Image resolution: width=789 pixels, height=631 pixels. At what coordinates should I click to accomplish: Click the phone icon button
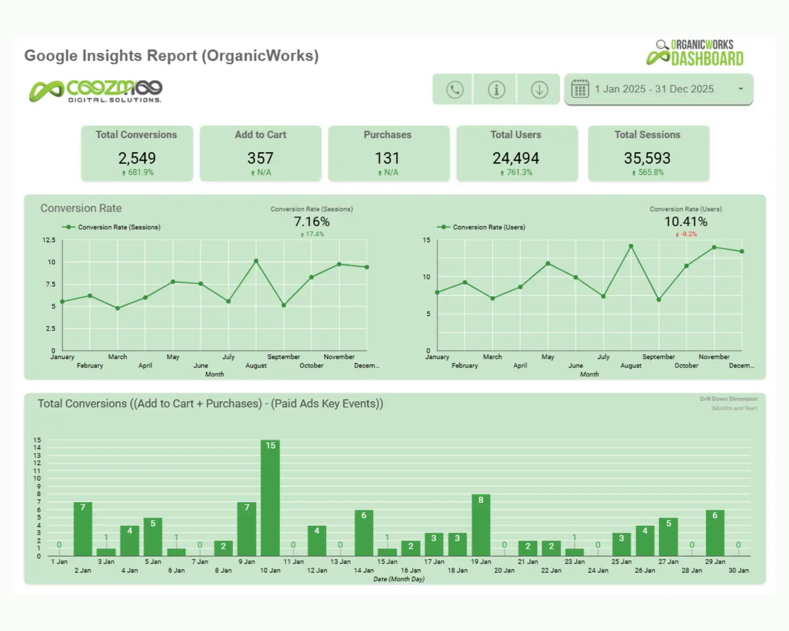[x=454, y=89]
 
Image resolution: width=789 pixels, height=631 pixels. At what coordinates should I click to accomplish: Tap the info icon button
[x=496, y=89]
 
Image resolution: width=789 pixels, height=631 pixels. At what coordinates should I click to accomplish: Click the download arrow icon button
[x=539, y=89]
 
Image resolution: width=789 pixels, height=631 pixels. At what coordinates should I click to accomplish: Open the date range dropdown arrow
[x=740, y=89]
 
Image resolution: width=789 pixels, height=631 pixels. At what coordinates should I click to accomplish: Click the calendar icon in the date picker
[x=580, y=89]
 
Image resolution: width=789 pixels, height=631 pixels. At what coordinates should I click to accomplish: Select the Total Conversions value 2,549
[x=136, y=158]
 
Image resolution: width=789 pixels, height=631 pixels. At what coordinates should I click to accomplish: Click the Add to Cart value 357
[x=260, y=158]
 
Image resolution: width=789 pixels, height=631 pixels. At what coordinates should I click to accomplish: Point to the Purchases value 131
[x=387, y=158]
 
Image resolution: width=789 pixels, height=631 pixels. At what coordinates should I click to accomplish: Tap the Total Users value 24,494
[x=516, y=158]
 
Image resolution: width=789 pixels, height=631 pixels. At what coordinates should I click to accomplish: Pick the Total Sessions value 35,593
[x=647, y=158]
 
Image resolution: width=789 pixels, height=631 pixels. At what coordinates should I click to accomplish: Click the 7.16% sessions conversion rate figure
[x=312, y=222]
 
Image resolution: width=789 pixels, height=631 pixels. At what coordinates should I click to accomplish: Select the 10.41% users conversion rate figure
[x=686, y=222]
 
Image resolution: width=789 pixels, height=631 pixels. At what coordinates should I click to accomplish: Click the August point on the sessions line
[x=256, y=261]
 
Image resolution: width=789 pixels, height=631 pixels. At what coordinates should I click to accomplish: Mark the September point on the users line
[x=659, y=300]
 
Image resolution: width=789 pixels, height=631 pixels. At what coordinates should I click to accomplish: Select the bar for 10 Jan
[x=270, y=498]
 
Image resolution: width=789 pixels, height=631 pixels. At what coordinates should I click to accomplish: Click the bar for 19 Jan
[x=481, y=525]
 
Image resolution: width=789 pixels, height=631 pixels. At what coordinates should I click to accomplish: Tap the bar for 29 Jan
[x=715, y=533]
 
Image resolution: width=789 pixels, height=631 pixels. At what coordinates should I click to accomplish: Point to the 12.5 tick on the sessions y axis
[x=49, y=240]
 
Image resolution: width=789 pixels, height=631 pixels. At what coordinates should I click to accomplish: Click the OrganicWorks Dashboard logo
[x=696, y=53]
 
